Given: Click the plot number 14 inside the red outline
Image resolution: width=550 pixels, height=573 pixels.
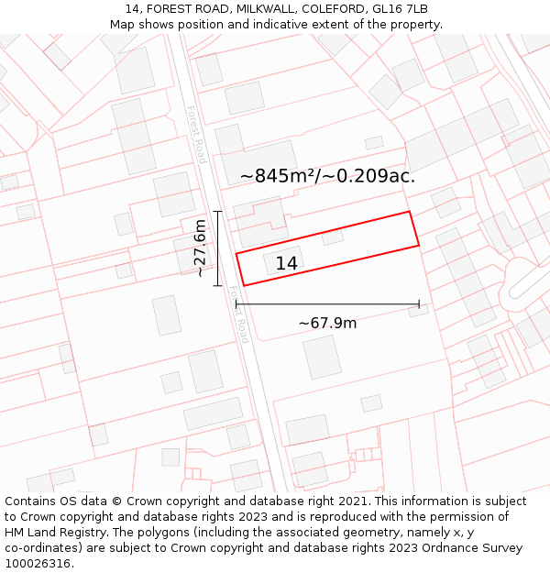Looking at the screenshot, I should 286,264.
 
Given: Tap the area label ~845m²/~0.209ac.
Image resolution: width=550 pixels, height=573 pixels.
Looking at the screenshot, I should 327,176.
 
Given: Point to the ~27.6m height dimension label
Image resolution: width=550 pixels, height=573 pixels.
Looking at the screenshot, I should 200,248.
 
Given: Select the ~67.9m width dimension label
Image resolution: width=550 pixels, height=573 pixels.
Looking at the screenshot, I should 327,323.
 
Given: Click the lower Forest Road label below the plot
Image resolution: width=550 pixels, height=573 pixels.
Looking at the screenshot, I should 239,315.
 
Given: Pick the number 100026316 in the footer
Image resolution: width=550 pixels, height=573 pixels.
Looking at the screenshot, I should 39,564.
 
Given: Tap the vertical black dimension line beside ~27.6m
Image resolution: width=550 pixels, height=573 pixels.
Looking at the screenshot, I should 217,248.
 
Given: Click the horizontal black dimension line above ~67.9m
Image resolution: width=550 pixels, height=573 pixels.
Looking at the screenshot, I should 327,303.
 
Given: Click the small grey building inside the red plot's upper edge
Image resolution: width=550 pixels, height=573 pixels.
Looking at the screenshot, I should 333,237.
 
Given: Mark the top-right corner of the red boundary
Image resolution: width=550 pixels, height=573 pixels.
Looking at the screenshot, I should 409,212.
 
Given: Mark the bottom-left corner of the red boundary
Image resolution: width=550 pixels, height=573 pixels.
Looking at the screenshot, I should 244,285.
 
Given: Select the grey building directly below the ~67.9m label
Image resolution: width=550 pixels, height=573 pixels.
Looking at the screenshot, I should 322,357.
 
